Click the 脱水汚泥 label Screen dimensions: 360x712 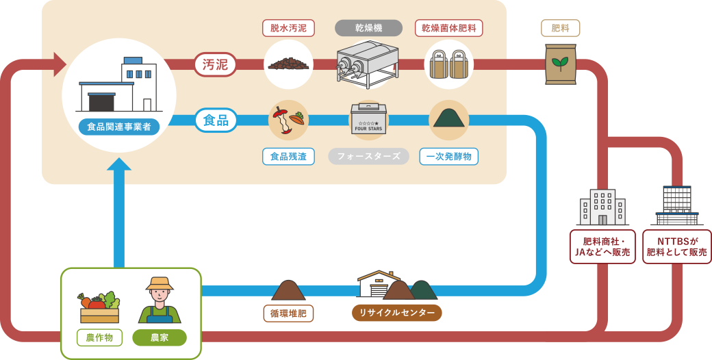click(x=288, y=28)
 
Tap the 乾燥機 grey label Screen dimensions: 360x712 click(x=368, y=28)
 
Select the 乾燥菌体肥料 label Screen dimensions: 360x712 click(x=449, y=28)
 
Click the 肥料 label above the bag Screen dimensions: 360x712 click(x=560, y=28)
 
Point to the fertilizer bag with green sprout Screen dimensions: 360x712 click(x=561, y=64)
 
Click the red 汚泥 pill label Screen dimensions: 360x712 click(x=216, y=64)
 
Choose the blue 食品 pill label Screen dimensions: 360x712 click(x=216, y=120)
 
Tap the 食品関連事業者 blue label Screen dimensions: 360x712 click(x=119, y=127)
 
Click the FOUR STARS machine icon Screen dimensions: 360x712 click(x=368, y=120)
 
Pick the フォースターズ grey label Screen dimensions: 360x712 click(x=368, y=156)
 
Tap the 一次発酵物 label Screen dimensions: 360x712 click(x=448, y=156)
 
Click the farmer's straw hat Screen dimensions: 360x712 click(x=160, y=283)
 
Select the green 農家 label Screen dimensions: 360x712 click(x=160, y=337)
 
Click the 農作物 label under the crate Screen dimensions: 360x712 click(x=99, y=337)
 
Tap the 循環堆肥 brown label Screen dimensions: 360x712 click(x=288, y=313)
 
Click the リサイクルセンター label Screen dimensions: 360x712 click(x=397, y=313)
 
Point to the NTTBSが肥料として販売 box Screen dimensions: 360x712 click(x=677, y=247)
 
